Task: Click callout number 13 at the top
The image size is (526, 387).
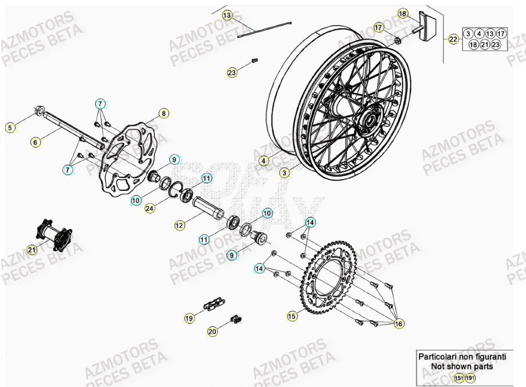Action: click(x=228, y=15)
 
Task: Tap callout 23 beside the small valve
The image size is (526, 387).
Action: click(x=232, y=73)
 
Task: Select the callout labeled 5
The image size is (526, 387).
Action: click(x=10, y=128)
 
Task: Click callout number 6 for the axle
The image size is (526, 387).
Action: click(x=36, y=142)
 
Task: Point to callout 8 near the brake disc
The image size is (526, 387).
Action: click(x=164, y=114)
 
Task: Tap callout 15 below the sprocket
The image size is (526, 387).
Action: click(x=292, y=316)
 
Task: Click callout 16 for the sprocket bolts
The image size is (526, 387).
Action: click(x=399, y=324)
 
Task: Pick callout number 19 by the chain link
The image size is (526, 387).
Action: click(x=189, y=317)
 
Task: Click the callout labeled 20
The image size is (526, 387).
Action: click(x=212, y=331)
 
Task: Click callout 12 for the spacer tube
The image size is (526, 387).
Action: click(x=180, y=225)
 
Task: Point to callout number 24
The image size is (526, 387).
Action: click(x=150, y=209)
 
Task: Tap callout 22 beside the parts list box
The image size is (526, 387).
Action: click(x=453, y=39)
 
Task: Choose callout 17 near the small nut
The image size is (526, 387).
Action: click(x=378, y=27)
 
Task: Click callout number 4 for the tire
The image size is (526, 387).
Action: click(x=263, y=162)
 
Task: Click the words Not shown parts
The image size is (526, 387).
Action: click(x=462, y=366)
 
